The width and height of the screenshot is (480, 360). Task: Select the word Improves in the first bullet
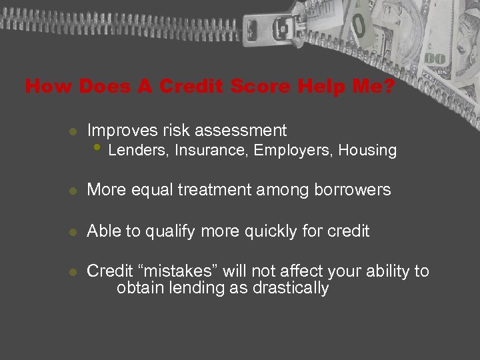pos(117,131)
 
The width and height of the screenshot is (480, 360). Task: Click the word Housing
pos(367,151)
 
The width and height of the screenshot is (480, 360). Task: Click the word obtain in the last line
pos(137,288)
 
